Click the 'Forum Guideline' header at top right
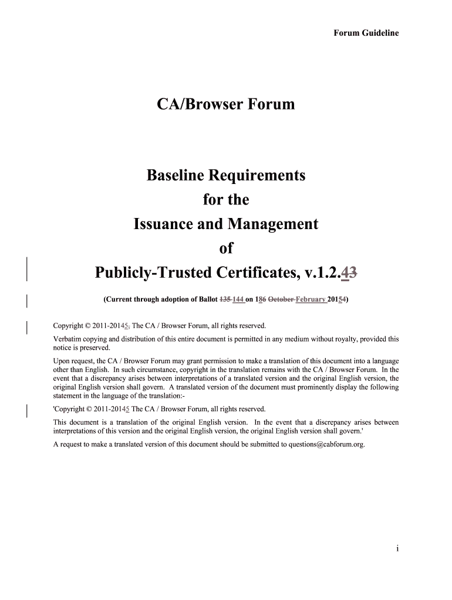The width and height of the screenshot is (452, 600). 366,33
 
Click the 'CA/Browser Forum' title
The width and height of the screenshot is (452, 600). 225,105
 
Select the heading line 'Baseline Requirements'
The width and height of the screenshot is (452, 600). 225,175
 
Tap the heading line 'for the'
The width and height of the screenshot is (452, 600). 225,200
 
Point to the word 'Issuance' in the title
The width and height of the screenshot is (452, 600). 161,224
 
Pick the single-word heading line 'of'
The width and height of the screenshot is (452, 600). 225,248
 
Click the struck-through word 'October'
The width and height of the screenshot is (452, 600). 281,300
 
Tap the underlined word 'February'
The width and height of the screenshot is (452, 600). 311,300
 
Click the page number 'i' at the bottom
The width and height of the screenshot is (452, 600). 397,548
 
